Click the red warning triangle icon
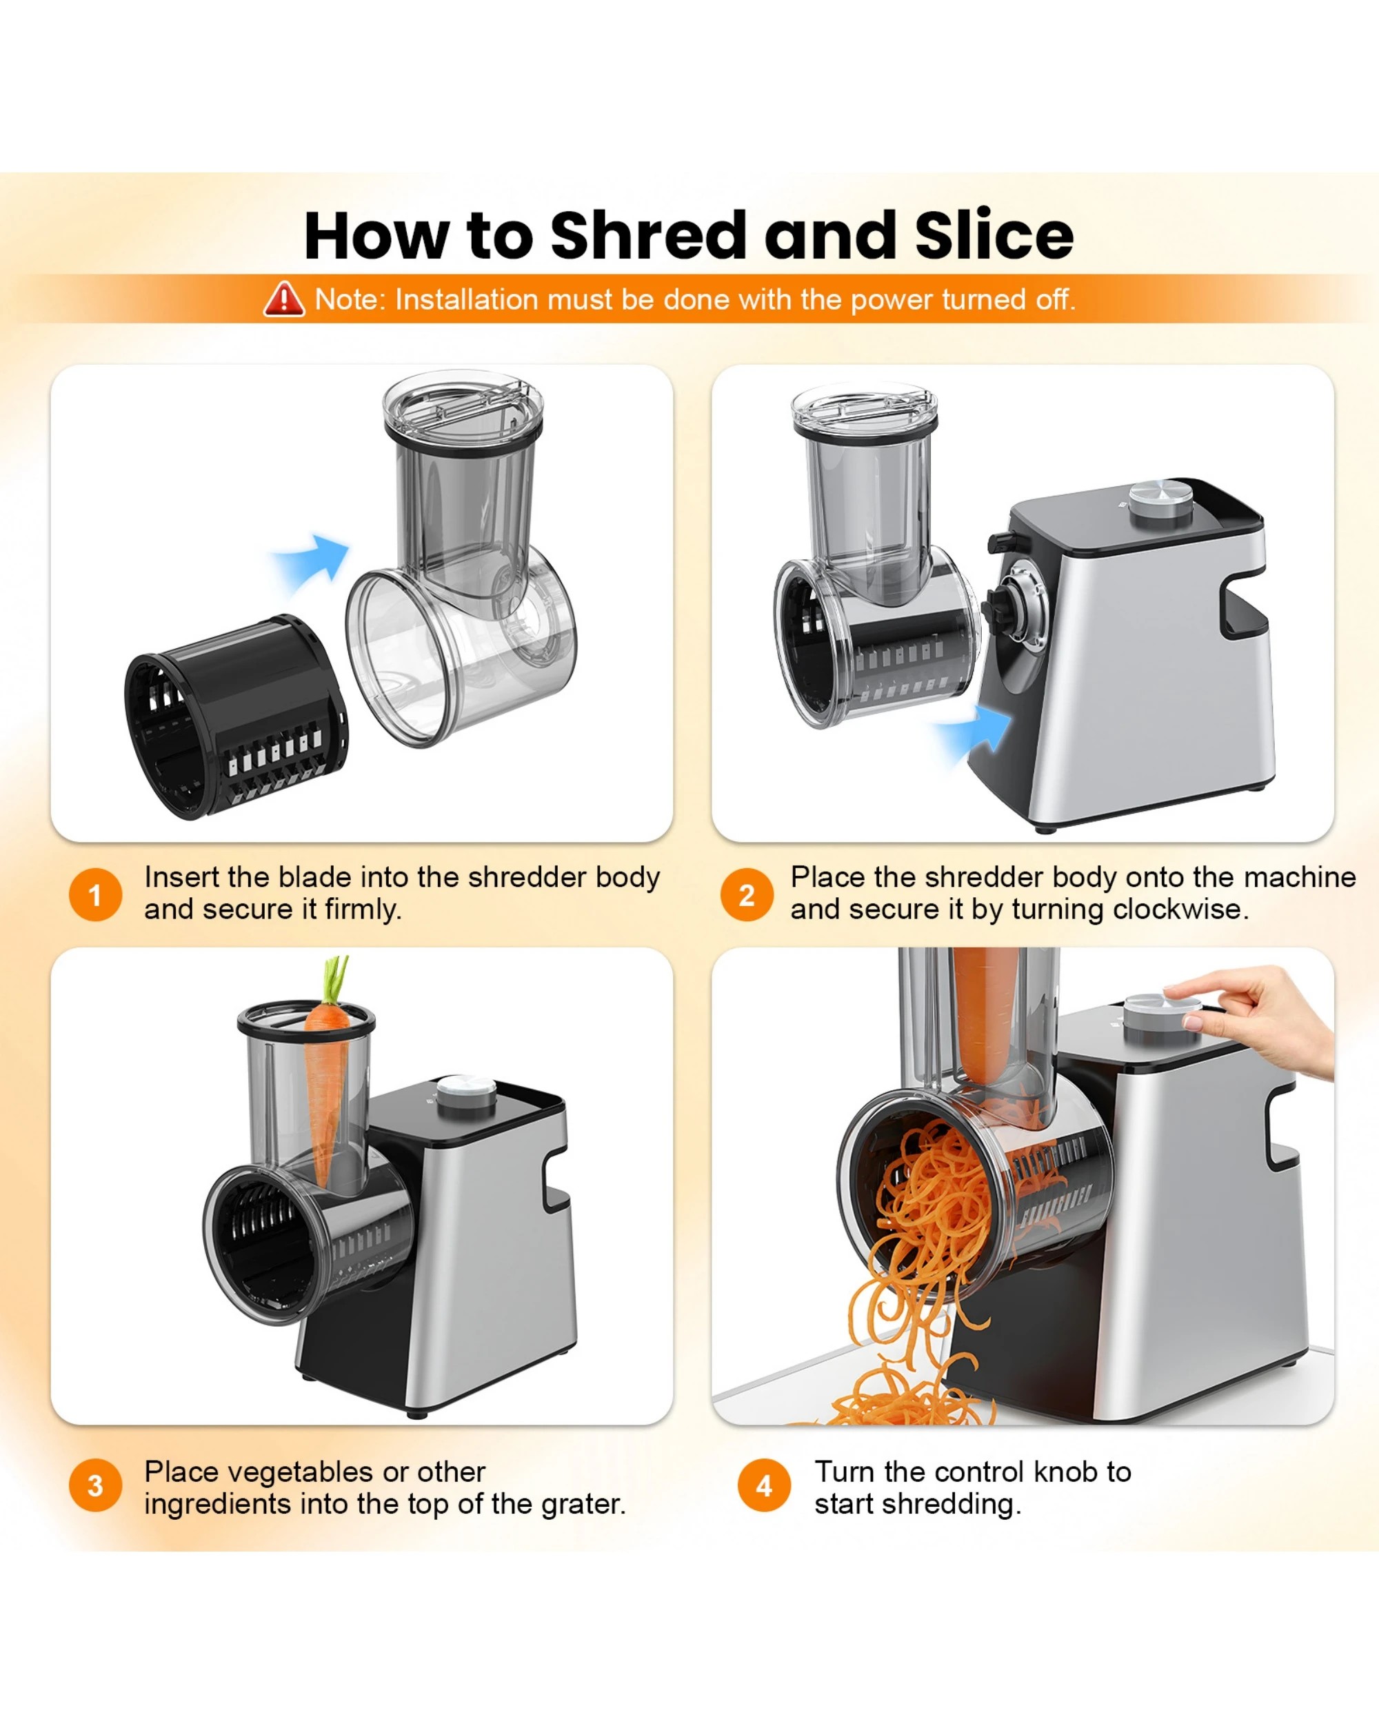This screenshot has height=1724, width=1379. pyautogui.click(x=284, y=299)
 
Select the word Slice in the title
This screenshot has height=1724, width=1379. pyautogui.click(x=994, y=236)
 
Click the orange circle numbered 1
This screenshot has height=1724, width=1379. pyautogui.click(x=95, y=895)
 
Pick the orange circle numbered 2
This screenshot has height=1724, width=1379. pyautogui.click(x=746, y=895)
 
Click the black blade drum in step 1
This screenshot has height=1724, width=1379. pyautogui.click(x=236, y=716)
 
